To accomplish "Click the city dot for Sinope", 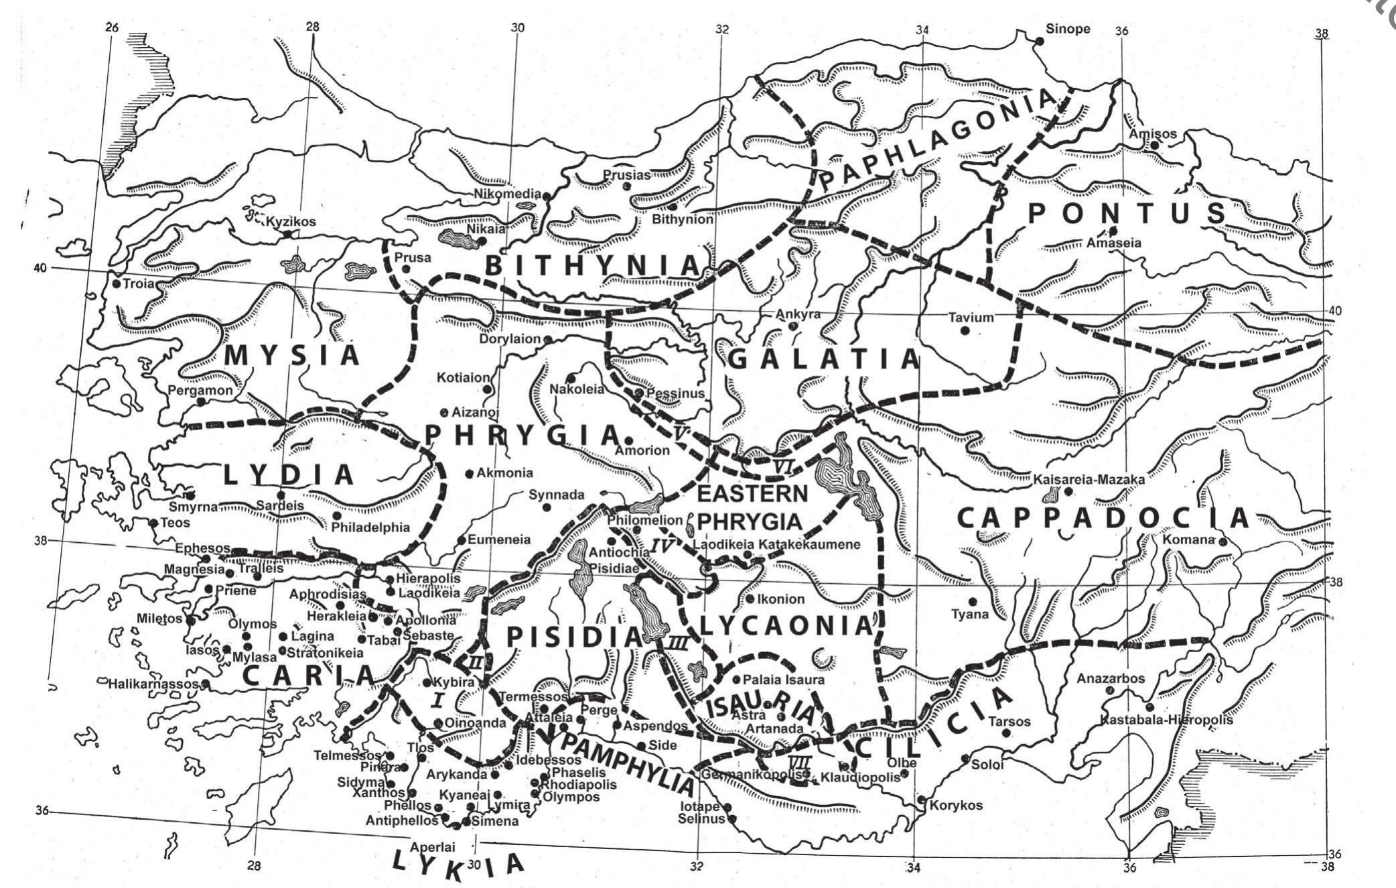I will (1039, 42).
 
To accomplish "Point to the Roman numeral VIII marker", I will (800, 761).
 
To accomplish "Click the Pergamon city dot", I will (200, 401).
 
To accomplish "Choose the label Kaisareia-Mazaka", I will (1089, 480).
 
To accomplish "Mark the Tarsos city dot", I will (1005, 733).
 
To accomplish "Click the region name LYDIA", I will (288, 474).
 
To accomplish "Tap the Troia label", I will (139, 283).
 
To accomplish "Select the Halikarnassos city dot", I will (206, 684).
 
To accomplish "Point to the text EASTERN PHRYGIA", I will (752, 507).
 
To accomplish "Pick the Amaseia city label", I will (1113, 243).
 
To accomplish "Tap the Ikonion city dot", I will (750, 599).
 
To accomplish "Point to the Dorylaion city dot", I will (547, 340).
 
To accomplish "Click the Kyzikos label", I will (291, 222).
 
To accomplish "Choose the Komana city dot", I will (1223, 542).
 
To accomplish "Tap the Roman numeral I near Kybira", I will (437, 700).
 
